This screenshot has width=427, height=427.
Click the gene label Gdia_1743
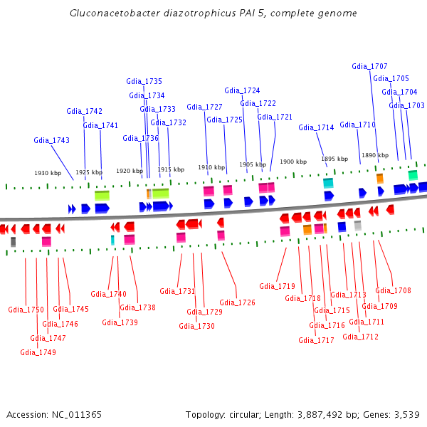pos(51,140)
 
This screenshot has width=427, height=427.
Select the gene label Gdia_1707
pos(369,66)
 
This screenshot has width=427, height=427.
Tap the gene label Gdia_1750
pos(26,310)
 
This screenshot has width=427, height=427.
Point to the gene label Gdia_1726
pos(237,302)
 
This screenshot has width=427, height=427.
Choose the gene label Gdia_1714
pos(316,127)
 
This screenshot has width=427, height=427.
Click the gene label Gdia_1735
pos(144,81)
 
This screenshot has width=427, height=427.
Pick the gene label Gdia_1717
pos(316,340)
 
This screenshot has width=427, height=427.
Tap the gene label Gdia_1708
pos(393,290)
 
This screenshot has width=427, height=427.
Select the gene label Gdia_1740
pos(108,294)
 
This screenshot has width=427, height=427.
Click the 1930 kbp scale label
pos(48,173)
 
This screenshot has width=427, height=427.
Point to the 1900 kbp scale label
pos(293,162)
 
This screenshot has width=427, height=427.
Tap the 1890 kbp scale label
pos(375,155)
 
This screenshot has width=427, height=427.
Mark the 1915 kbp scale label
pos(171,169)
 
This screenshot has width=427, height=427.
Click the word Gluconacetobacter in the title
pos(110,13)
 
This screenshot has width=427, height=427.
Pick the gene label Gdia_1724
pos(242,90)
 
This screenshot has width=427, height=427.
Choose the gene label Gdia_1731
pos(177,291)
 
